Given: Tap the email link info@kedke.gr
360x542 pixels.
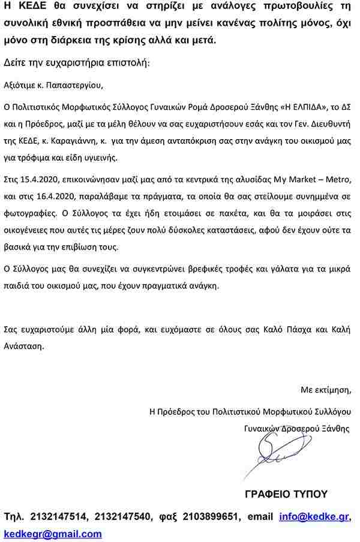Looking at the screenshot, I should (314, 517).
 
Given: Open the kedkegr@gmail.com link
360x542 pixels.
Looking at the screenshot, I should (53, 534).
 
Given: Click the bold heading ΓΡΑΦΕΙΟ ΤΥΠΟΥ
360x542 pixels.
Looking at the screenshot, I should (286, 494).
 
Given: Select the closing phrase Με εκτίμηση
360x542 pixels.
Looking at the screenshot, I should (326, 390).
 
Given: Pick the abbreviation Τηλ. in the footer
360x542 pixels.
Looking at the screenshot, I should (14, 517).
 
